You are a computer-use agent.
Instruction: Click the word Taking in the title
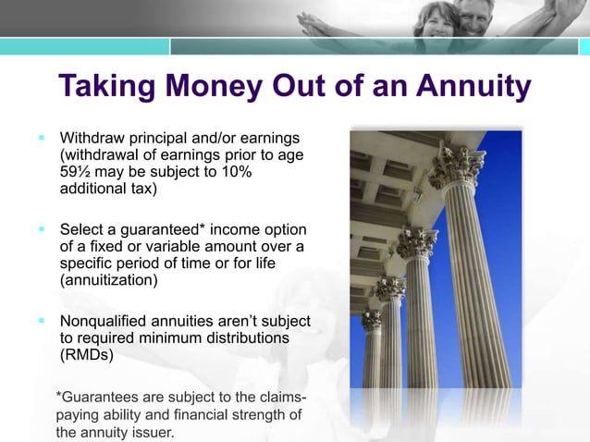(110, 87)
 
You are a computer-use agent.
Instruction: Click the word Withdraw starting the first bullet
(94, 138)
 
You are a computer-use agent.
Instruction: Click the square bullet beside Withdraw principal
(42, 137)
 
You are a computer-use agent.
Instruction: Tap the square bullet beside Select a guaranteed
(42, 228)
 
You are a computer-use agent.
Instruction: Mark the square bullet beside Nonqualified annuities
(42, 321)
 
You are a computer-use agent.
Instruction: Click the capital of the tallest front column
(456, 167)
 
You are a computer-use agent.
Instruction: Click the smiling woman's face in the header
(436, 19)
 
